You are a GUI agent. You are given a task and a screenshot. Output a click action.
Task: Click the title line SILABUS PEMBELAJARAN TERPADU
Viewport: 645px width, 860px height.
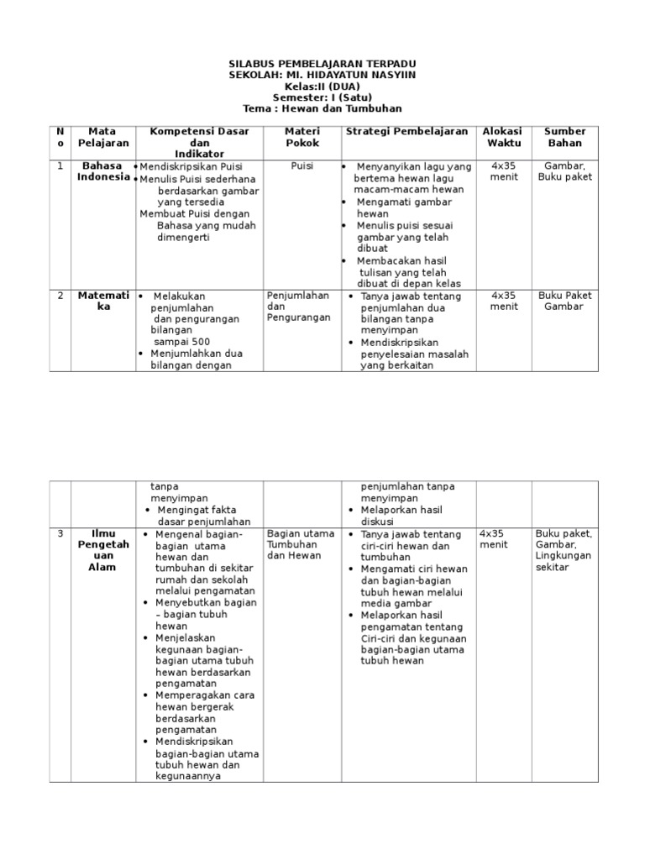coord(322,64)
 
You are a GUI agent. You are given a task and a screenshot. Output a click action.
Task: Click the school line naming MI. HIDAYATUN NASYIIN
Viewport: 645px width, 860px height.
coord(322,75)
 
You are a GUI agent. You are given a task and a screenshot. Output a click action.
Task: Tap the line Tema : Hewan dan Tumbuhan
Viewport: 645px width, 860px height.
coord(322,108)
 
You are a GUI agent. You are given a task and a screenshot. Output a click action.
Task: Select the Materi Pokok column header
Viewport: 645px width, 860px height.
coord(302,137)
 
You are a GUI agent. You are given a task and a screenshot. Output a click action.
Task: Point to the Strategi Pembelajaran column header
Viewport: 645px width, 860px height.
coord(407,131)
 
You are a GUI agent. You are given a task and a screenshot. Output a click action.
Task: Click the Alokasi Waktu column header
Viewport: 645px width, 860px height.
coord(503,137)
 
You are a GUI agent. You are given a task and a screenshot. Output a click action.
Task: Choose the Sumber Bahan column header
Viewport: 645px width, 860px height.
coord(564,137)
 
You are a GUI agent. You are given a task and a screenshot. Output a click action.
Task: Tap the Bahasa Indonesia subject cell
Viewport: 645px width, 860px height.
coord(103,171)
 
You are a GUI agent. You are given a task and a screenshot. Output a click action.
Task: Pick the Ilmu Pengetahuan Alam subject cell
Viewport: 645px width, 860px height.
coord(103,550)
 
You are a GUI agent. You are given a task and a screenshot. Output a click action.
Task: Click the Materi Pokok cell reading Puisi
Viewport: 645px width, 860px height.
coord(302,166)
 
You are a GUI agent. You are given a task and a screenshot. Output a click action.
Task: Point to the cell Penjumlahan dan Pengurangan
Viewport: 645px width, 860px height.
coord(298,307)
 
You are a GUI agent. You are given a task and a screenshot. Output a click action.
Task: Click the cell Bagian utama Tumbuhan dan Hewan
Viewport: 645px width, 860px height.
coord(300,544)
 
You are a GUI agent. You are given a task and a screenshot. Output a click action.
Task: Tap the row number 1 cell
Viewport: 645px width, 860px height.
coord(60,166)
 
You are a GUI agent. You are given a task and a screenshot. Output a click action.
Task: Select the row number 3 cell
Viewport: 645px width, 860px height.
coord(60,533)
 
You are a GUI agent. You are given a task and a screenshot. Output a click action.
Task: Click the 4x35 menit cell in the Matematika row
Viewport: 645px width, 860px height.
coord(504,301)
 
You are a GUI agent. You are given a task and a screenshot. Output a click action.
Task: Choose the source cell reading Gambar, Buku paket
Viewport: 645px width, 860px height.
coord(564,171)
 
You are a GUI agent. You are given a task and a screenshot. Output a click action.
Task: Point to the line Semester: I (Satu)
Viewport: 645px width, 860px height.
coord(322,97)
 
